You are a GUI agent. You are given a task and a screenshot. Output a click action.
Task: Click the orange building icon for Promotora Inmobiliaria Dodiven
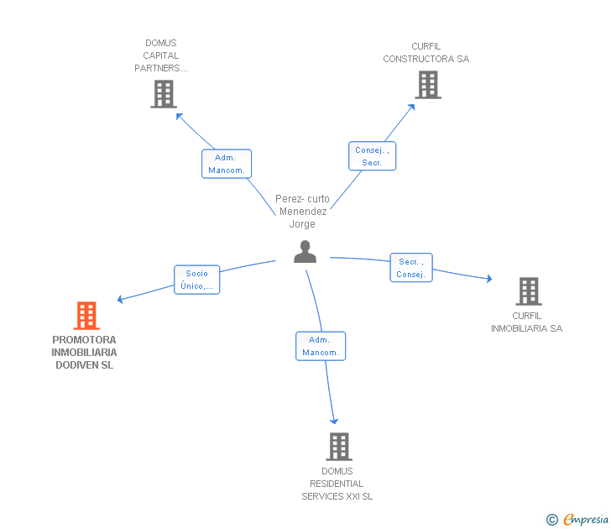tap(86, 316)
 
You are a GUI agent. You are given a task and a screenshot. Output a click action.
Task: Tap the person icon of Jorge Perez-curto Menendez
tap(305, 251)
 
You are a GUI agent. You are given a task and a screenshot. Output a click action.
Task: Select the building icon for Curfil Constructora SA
tap(427, 85)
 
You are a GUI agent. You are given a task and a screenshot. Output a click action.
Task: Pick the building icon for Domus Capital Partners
tap(163, 94)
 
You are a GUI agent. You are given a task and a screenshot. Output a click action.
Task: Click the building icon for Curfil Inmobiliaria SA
tap(528, 291)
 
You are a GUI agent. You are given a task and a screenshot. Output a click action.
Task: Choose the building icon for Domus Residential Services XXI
tap(338, 447)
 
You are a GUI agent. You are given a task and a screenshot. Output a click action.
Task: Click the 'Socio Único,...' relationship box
tap(197, 280)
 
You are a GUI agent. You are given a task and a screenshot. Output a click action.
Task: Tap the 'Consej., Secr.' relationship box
tap(372, 156)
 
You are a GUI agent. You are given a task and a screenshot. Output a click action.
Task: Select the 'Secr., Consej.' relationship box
tap(411, 268)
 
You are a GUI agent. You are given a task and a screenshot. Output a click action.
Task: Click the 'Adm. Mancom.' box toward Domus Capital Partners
tap(227, 164)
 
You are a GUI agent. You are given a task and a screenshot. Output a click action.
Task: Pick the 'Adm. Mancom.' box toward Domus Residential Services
tap(321, 346)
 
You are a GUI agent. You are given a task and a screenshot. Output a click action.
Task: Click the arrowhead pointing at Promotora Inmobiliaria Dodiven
tap(121, 299)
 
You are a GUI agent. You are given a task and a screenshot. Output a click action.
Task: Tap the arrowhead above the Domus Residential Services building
tap(334, 421)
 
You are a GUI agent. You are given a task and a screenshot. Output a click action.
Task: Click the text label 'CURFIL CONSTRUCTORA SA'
tap(426, 53)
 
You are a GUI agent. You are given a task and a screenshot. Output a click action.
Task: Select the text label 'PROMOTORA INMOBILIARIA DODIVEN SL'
tap(84, 353)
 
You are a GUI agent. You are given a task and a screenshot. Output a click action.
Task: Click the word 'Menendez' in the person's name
tap(303, 212)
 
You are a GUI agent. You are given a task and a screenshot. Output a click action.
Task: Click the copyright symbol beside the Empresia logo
tap(551, 520)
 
